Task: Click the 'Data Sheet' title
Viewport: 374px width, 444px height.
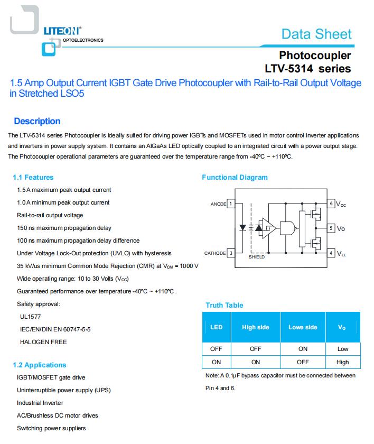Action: [316, 34]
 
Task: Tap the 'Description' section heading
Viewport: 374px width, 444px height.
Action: [37, 121]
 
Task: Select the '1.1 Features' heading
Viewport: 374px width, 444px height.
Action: [33, 178]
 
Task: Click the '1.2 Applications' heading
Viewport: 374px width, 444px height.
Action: [40, 365]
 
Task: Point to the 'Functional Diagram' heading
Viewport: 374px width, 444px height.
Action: [235, 178]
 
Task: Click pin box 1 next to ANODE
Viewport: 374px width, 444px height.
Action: [231, 203]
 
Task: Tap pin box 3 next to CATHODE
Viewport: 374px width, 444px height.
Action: [231, 253]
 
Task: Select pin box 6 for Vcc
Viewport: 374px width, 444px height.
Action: [331, 203]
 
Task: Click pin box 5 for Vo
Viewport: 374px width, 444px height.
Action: [331, 228]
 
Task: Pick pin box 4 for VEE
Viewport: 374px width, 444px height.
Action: [331, 253]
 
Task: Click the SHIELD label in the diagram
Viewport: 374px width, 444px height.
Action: [257, 257]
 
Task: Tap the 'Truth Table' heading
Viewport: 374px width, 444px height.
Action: [224, 306]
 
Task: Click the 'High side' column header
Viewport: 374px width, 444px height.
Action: [256, 327]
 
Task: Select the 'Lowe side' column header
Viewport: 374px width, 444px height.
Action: [303, 327]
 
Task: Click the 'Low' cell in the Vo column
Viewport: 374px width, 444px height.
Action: [342, 349]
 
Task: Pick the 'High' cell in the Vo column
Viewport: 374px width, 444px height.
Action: [342, 362]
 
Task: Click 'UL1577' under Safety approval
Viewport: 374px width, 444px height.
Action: [30, 317]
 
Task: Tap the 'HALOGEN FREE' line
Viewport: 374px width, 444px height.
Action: [43, 342]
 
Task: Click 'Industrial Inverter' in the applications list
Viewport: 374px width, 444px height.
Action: [40, 403]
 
